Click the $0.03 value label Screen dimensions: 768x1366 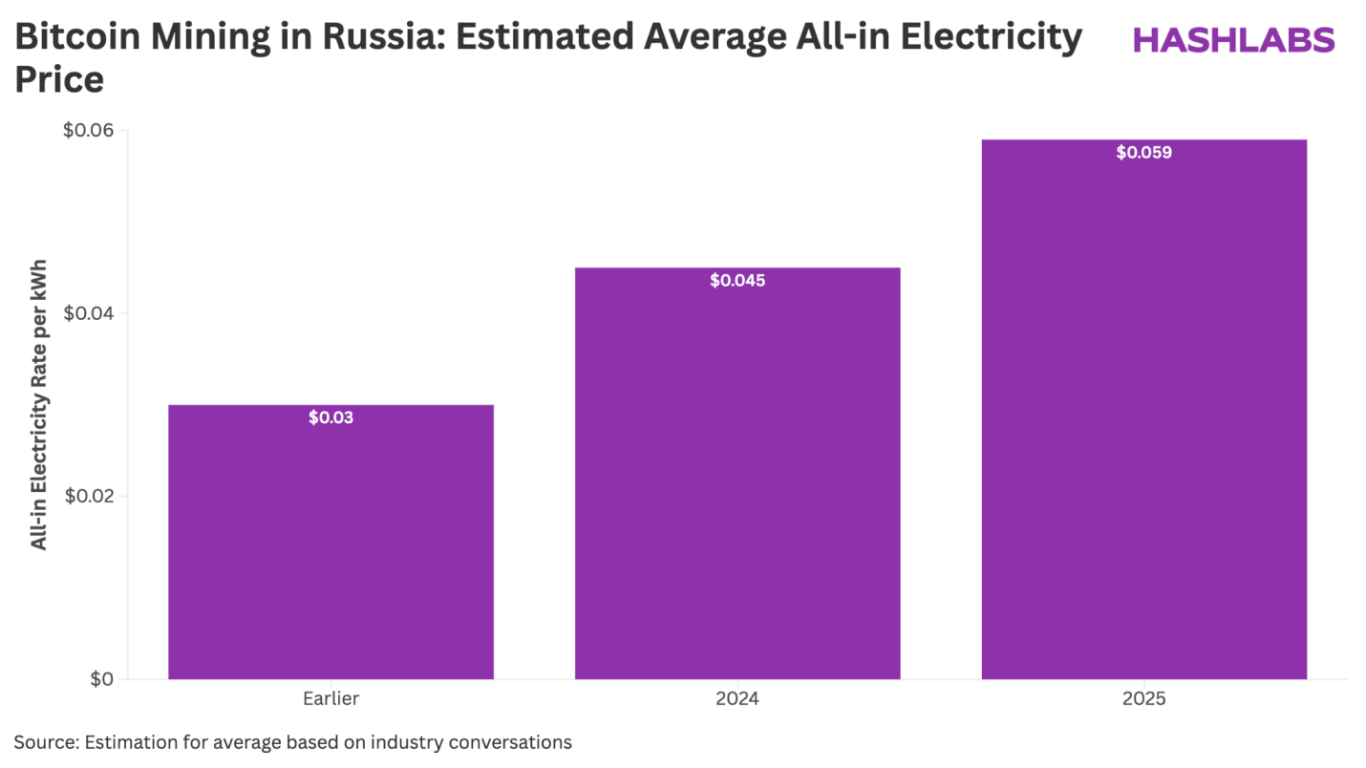[331, 417]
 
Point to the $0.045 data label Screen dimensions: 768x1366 [736, 281]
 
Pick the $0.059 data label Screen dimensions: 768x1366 [1143, 152]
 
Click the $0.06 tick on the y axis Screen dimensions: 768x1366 [88, 131]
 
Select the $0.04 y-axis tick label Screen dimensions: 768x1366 [88, 313]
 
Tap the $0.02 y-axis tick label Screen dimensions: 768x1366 [88, 497]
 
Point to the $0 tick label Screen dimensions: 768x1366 [101, 679]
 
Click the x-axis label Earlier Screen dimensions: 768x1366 [331, 699]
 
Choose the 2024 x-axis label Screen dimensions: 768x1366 [736, 699]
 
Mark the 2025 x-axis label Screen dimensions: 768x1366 [1143, 699]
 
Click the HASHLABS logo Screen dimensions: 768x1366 [1232, 39]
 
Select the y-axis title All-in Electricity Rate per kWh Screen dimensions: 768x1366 [39, 404]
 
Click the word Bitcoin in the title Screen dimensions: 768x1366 [78, 38]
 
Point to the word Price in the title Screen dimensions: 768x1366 [58, 80]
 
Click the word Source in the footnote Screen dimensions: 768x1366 [44, 742]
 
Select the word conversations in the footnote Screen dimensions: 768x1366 [516, 742]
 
